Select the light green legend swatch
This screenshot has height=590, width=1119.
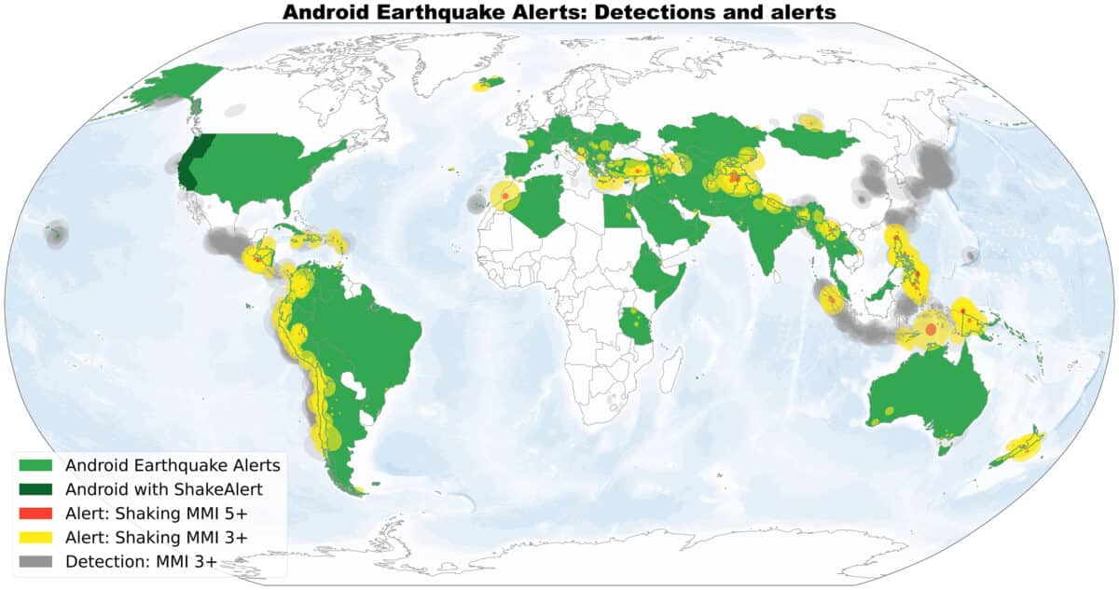(36, 464)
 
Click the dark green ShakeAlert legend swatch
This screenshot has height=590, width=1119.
(36, 488)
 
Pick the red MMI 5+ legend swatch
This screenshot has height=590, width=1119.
(36, 513)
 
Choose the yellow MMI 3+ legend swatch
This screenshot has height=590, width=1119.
(36, 537)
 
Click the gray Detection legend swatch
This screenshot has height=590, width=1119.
(36, 561)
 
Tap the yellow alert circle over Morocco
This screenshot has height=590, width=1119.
(504, 197)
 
